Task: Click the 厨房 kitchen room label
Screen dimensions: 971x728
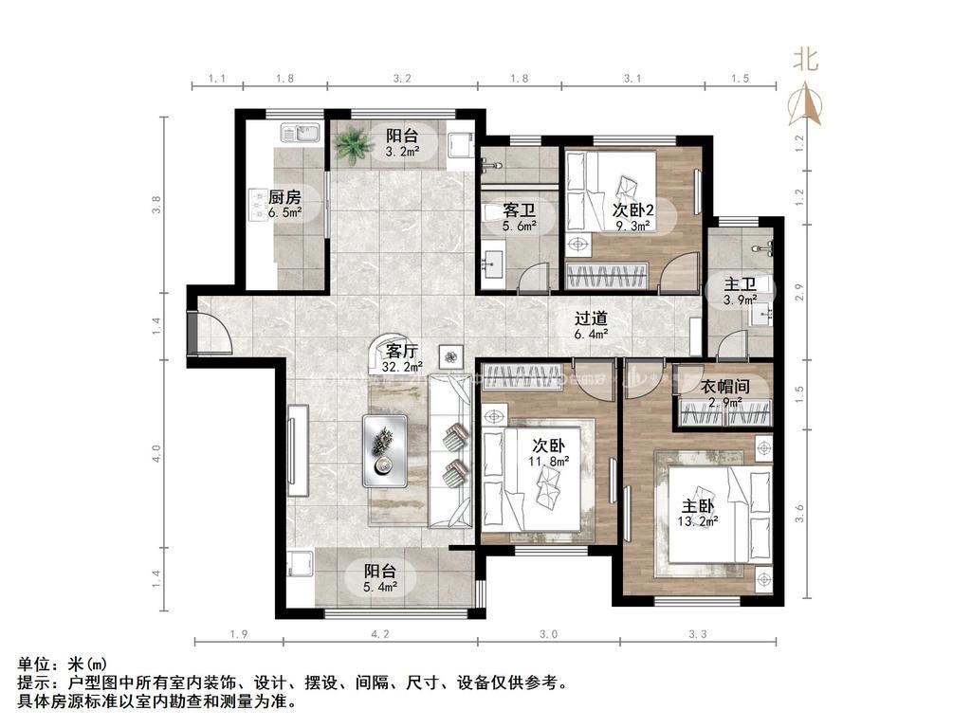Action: click(x=284, y=197)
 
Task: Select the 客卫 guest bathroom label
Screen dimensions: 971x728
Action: click(x=519, y=210)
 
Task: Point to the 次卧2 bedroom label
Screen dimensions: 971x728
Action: click(x=632, y=209)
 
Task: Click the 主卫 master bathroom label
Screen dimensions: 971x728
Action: click(x=740, y=284)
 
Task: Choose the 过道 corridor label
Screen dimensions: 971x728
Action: click(x=591, y=318)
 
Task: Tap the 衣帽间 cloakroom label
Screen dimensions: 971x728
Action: click(x=725, y=387)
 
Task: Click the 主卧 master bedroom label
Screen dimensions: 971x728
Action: click(x=697, y=506)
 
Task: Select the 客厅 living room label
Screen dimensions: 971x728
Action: click(x=402, y=352)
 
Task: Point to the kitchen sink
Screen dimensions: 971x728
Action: click(x=300, y=133)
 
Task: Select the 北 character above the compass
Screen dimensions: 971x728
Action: click(x=806, y=60)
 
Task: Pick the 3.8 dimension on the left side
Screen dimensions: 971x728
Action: click(x=156, y=205)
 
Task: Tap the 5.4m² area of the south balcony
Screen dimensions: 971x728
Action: click(x=380, y=586)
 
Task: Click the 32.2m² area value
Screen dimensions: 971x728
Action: click(x=402, y=367)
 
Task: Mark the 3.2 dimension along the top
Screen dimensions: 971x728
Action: click(x=402, y=79)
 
